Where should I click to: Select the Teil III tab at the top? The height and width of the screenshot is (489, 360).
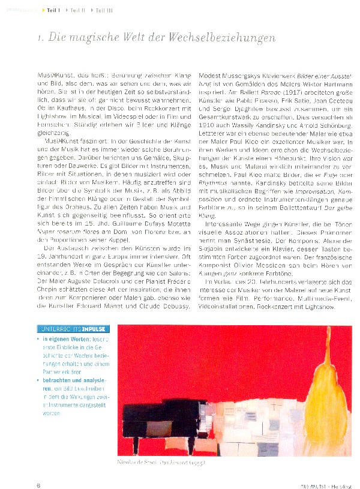pos(103,10)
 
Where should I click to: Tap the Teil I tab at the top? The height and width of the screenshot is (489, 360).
pos(52,10)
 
